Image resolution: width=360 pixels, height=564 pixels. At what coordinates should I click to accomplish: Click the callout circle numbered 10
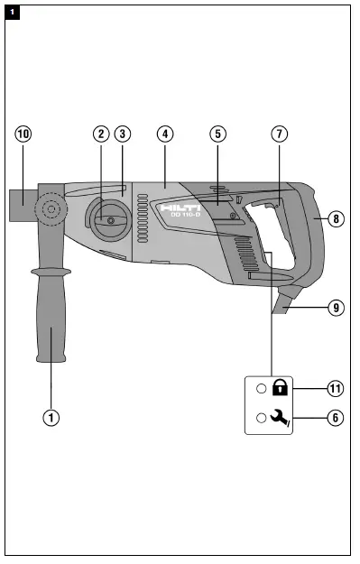coord(23,134)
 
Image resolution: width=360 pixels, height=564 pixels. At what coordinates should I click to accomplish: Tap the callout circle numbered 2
coord(101,134)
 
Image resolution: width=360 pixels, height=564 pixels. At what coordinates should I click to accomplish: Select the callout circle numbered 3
coord(124,134)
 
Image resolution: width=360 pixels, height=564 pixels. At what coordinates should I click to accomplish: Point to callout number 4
coord(164,134)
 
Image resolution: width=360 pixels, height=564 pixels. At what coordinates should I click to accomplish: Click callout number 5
coord(217,134)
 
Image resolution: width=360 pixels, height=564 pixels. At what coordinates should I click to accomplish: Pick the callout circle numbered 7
coord(280,134)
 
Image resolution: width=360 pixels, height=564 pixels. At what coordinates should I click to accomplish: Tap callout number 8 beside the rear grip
coord(336,218)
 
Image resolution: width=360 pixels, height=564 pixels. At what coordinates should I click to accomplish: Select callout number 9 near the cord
coord(336,307)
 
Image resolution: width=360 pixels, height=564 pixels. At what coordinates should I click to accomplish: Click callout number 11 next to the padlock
coord(336,388)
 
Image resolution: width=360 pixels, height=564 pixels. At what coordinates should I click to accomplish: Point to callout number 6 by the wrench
coord(336,418)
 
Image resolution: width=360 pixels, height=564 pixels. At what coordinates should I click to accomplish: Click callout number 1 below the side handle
coord(52,418)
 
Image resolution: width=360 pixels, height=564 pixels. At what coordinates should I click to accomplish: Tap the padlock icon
coord(280,388)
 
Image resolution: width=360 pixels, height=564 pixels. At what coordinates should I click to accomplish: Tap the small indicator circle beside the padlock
coord(261,389)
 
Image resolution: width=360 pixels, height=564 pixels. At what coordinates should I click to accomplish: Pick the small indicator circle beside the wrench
coord(261,418)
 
